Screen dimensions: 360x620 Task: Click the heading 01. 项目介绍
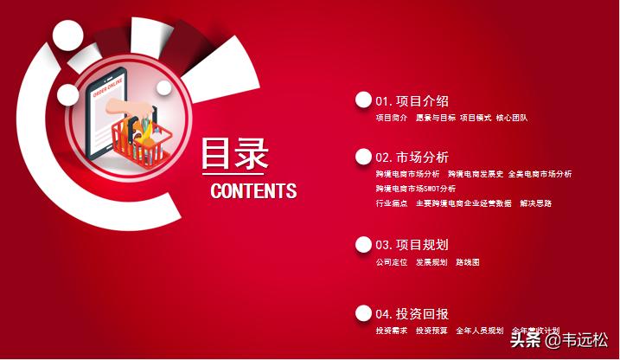tap(412, 101)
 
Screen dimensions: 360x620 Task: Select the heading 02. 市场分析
tap(412, 157)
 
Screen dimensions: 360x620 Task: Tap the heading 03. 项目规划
tap(412, 245)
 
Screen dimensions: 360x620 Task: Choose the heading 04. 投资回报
tap(412, 314)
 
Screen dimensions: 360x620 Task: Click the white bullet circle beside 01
tap(363, 100)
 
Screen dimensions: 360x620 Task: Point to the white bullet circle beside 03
tap(363, 245)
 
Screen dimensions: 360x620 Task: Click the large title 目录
tap(235, 153)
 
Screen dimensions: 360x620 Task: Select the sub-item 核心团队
tap(511, 118)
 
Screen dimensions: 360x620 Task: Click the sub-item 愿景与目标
tap(432, 118)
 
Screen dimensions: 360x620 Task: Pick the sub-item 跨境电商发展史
tap(476, 174)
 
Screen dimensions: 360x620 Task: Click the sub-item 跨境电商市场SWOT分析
tap(415, 189)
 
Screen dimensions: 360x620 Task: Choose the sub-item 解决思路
tap(536, 203)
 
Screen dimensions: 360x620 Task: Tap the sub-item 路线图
tap(468, 261)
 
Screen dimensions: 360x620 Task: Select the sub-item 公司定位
tap(391, 261)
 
